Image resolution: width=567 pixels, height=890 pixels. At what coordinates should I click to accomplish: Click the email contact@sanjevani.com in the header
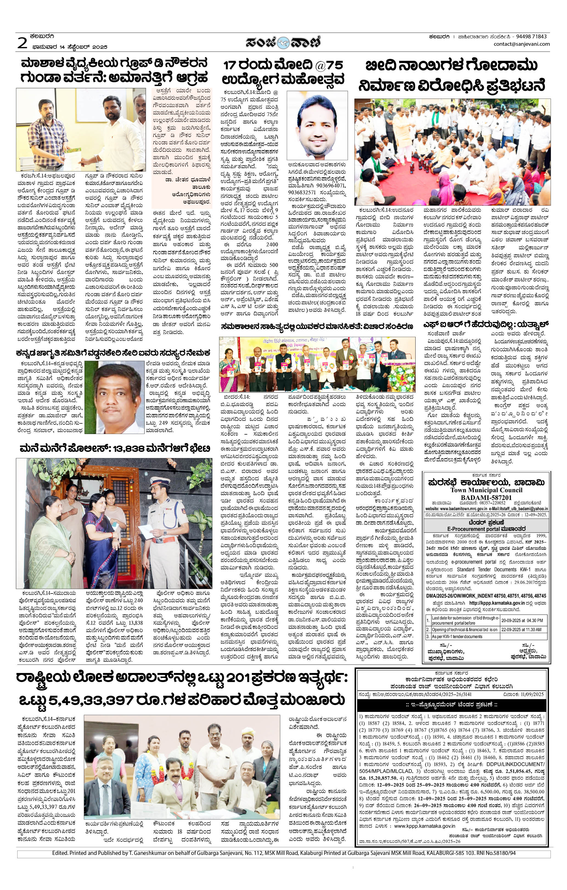(x=521, y=44)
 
